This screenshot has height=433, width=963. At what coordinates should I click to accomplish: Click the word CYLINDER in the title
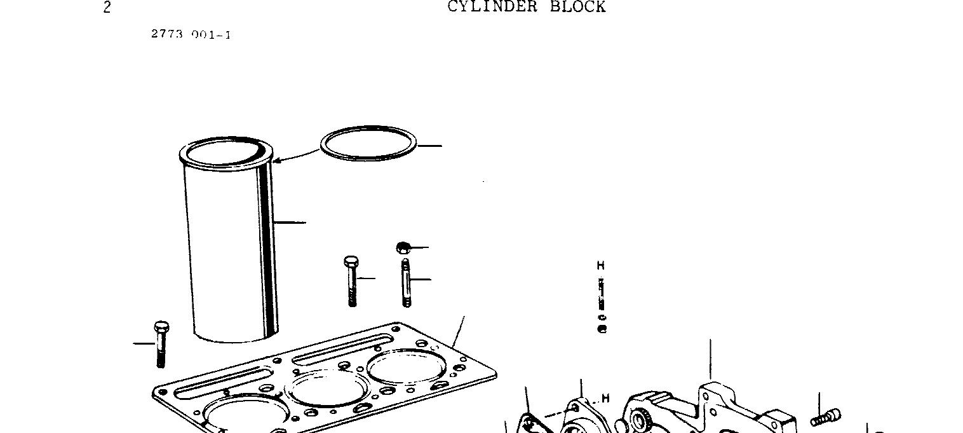coord(492,7)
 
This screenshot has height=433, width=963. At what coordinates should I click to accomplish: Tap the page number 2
coord(107,8)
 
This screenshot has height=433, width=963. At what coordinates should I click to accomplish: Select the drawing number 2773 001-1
coord(191,34)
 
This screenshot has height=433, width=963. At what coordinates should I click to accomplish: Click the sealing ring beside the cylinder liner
coord(368,130)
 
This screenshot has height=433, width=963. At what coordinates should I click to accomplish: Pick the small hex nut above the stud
coord(403,247)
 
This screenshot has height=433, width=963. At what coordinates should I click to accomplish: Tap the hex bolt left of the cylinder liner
coord(161,343)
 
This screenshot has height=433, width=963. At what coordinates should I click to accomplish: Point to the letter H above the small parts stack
coord(601,265)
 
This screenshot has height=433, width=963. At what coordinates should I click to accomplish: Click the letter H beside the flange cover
coord(605,398)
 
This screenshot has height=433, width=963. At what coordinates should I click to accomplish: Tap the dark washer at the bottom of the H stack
coord(602,329)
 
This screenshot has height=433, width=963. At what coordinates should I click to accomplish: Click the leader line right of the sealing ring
coord(430,146)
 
